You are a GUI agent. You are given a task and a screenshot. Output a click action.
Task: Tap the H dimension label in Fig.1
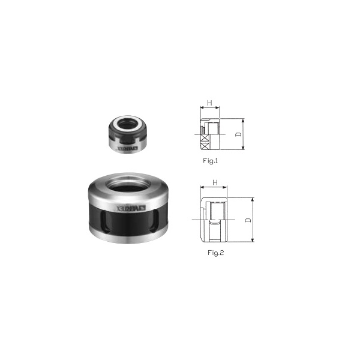click(209, 103)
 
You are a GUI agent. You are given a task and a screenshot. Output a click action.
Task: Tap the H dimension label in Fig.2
click(214, 182)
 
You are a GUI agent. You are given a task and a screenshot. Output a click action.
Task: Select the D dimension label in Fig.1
click(239, 135)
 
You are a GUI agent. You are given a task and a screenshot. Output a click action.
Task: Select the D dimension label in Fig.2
click(248, 220)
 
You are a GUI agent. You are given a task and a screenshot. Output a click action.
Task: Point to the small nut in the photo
click(127, 136)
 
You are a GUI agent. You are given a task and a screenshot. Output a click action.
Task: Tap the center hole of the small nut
click(128, 125)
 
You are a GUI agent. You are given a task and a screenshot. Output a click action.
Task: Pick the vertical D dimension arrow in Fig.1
click(228, 135)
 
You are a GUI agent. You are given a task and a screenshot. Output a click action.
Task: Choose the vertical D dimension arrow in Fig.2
click(254, 220)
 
